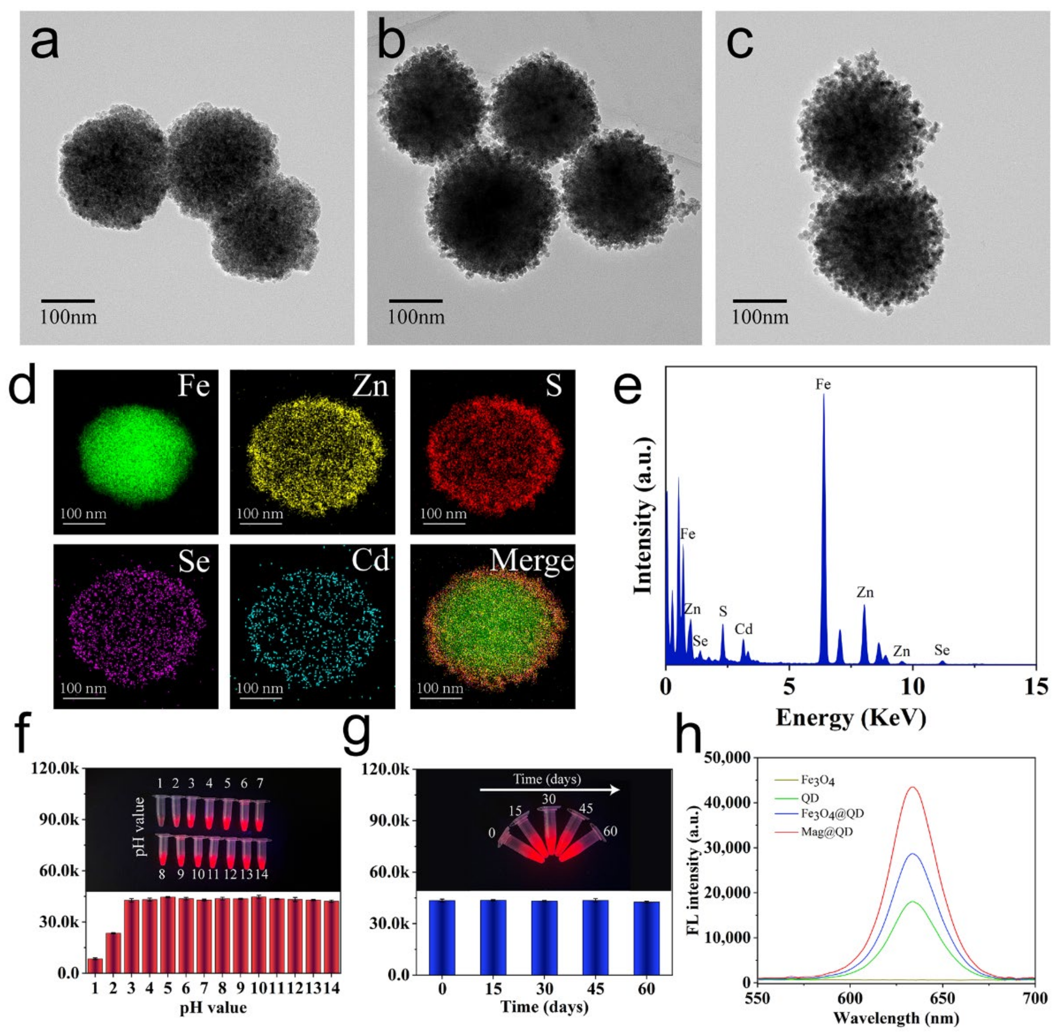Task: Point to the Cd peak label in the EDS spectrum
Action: click(743, 629)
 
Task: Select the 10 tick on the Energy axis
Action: click(912, 687)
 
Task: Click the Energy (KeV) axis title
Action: click(850, 718)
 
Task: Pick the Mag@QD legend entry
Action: click(826, 832)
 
